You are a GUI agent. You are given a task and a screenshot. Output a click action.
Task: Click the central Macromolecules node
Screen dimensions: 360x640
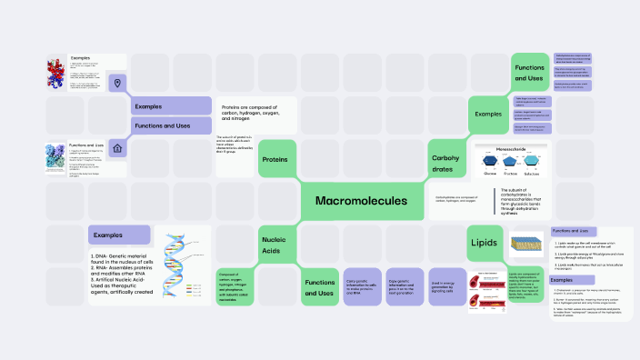tap(362, 200)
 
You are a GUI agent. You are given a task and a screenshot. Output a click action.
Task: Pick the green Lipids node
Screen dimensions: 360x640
tap(483, 243)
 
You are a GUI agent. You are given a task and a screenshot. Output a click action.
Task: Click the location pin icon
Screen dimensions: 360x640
tap(117, 84)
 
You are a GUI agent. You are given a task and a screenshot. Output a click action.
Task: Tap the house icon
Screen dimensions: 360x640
tap(117, 149)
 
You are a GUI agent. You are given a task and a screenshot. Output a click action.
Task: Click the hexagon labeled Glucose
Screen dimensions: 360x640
tap(489, 159)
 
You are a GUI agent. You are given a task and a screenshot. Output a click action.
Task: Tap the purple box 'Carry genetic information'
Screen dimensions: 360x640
tap(362, 286)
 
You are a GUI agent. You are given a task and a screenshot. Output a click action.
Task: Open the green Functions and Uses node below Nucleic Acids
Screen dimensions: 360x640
tap(319, 286)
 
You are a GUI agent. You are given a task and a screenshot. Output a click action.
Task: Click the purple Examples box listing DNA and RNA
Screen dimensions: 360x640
tap(118, 235)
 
